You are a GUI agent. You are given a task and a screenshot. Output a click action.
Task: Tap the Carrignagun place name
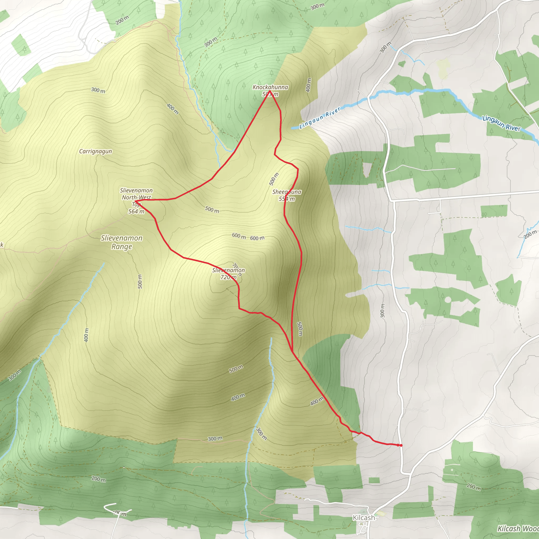(x=96, y=151)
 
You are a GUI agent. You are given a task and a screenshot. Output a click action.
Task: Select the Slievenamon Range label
(x=122, y=242)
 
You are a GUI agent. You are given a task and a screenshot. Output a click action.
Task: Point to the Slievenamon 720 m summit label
(x=228, y=273)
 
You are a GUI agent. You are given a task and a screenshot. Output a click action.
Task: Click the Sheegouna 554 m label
(x=287, y=195)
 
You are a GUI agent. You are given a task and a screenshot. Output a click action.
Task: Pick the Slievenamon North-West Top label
(x=136, y=201)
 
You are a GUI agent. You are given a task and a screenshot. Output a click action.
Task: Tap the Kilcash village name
(x=364, y=518)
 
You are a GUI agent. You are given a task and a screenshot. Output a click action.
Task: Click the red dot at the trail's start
(x=401, y=445)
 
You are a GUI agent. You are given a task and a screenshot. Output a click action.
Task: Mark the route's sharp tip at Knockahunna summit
(x=270, y=91)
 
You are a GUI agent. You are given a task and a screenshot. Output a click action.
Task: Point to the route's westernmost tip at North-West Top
(x=135, y=201)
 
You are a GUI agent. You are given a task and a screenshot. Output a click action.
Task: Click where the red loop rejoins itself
(x=292, y=351)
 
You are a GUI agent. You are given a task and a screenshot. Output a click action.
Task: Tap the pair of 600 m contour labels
(x=248, y=237)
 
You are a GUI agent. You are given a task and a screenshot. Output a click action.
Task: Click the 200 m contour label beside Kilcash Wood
(x=474, y=487)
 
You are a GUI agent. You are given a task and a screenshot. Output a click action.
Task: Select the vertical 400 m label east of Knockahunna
(x=308, y=85)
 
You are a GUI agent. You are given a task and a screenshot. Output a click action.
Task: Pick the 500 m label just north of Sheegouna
(x=274, y=179)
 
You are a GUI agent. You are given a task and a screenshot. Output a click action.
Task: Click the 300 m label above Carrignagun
(x=98, y=90)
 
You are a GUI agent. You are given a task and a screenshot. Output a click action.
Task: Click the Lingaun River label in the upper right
(x=501, y=123)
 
